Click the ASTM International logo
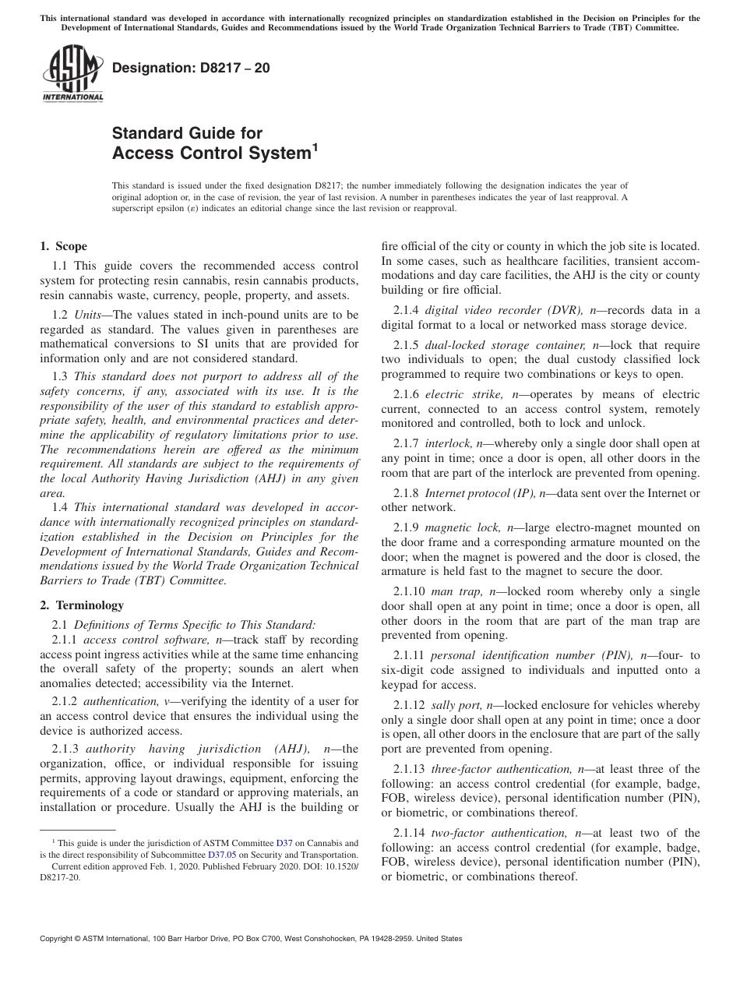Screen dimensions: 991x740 72,76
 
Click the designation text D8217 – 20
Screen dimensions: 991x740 192,68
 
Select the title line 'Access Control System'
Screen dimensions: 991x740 211,153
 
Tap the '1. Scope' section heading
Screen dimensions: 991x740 63,247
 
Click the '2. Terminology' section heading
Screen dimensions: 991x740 82,605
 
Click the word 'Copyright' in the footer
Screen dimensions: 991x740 57,939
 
